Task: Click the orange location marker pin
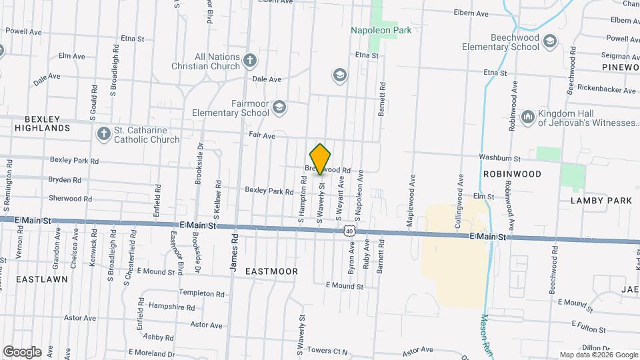(x=321, y=159)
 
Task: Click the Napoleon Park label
(x=381, y=30)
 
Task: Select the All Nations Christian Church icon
(x=250, y=61)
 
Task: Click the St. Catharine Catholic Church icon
(x=103, y=134)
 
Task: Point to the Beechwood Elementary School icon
(x=550, y=42)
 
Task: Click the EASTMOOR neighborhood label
(x=271, y=271)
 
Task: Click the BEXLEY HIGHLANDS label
(x=43, y=122)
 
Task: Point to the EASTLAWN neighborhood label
(x=42, y=279)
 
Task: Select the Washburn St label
(x=499, y=158)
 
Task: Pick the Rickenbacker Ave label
(x=606, y=89)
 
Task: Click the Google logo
(x=22, y=351)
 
